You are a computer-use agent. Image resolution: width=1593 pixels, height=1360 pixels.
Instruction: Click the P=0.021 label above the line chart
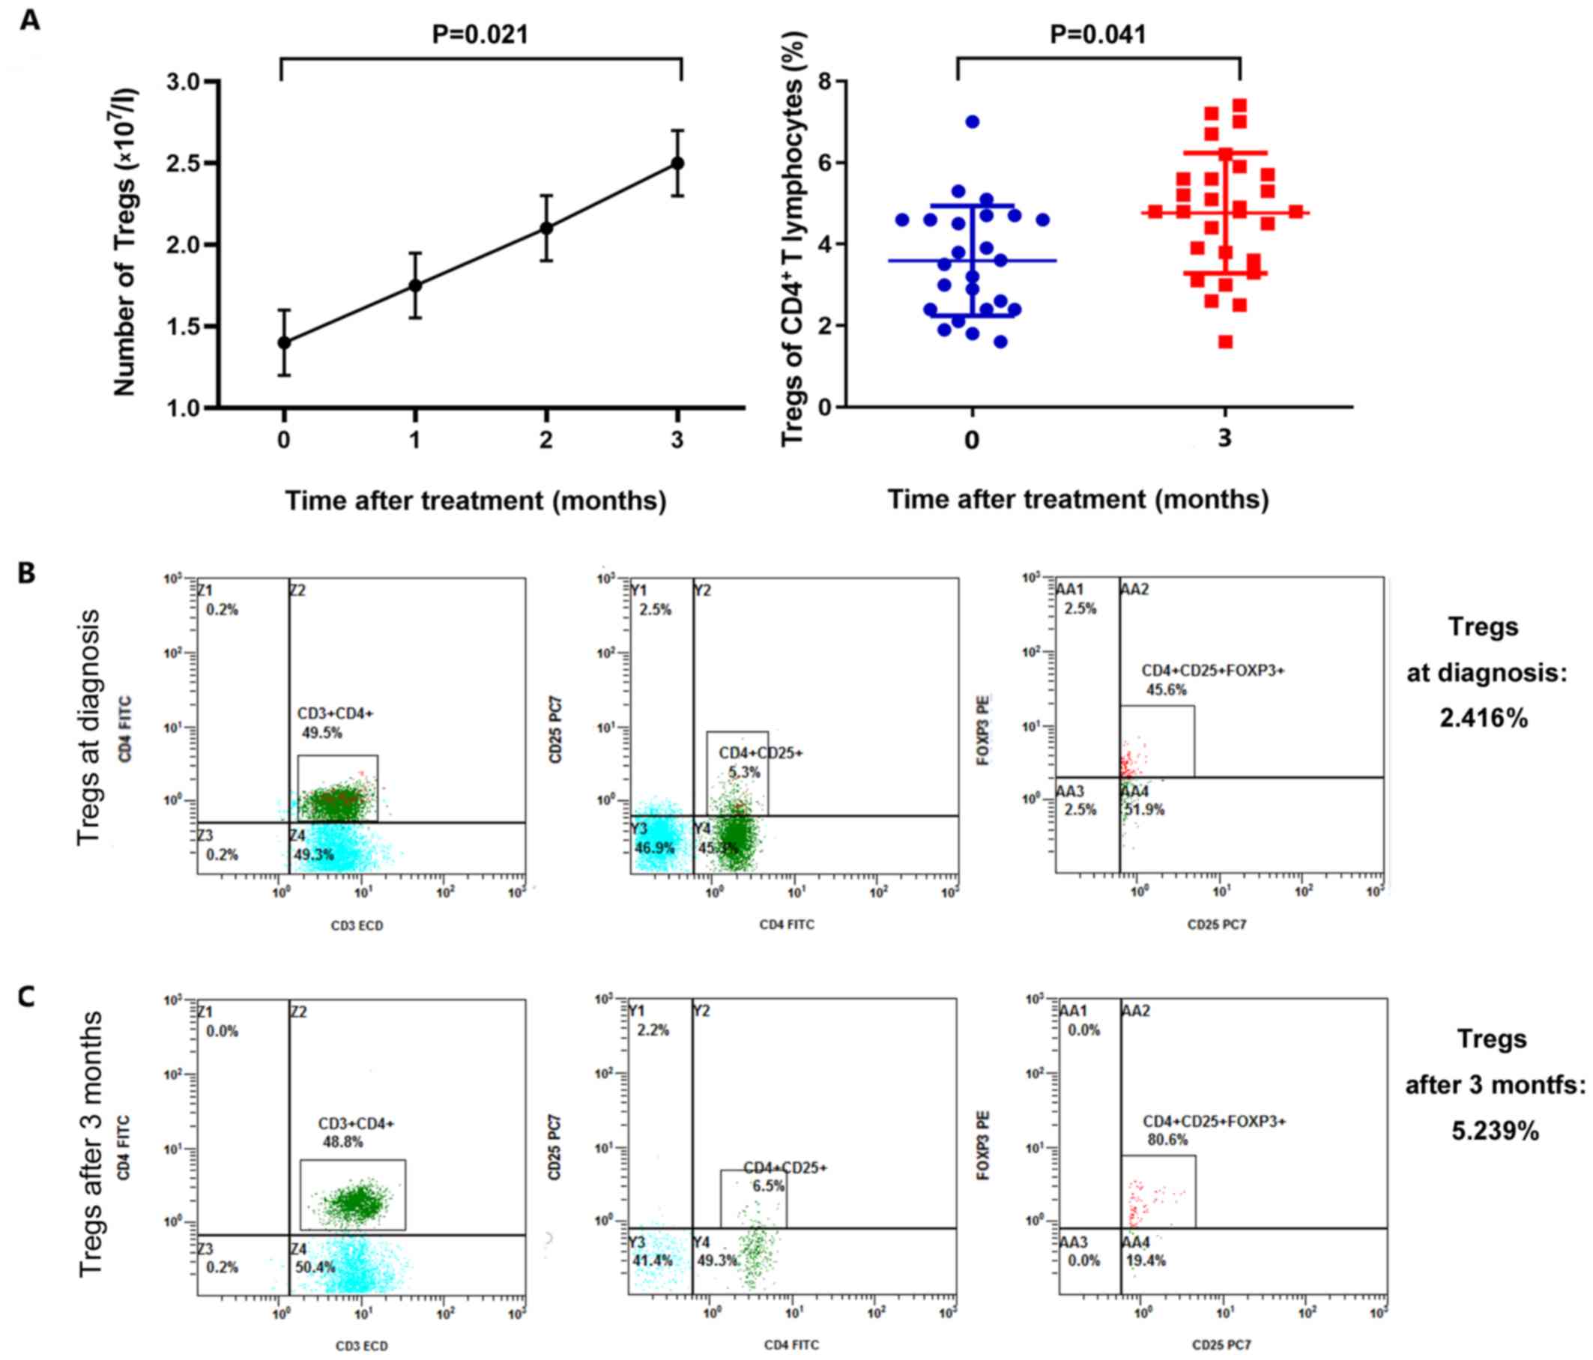pos(480,34)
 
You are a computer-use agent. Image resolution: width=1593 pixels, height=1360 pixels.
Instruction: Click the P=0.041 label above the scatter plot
pos(1098,34)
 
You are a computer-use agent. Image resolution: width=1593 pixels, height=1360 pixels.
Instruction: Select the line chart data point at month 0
pos(285,342)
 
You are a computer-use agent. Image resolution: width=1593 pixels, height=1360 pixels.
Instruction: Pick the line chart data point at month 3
pos(677,164)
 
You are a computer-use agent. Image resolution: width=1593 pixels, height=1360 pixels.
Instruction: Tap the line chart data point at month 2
pos(547,229)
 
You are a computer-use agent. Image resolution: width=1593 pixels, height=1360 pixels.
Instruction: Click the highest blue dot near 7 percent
pos(973,121)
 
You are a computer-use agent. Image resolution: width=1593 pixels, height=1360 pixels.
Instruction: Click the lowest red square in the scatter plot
pos(1226,342)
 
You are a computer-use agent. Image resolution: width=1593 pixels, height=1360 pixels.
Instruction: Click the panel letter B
pos(27,572)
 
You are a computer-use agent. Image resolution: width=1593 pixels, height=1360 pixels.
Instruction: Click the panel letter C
pos(27,997)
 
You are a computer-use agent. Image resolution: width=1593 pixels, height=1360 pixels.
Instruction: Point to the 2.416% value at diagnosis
pos(1483,719)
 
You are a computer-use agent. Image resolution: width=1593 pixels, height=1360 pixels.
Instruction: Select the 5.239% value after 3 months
pos(1496,1131)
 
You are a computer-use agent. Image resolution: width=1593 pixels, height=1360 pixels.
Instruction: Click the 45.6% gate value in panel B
pos(1167,689)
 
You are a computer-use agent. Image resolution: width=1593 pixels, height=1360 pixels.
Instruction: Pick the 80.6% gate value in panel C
pos(1168,1140)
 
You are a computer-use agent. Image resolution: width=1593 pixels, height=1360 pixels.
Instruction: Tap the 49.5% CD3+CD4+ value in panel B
pos(321,733)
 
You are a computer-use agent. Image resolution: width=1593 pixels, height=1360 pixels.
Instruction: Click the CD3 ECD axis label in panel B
pos(357,925)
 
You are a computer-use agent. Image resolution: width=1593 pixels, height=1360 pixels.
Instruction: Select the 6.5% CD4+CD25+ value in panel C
pos(768,1186)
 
